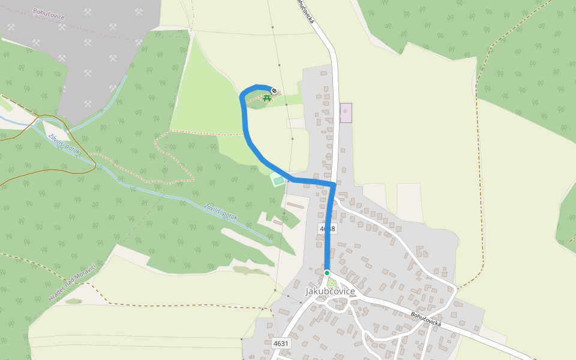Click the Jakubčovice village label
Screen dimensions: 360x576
(x=330, y=292)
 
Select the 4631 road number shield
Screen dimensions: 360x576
(x=280, y=344)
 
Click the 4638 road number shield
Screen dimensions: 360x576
(x=328, y=229)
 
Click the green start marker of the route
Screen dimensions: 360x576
(x=327, y=273)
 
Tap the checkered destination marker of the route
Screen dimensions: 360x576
(x=274, y=91)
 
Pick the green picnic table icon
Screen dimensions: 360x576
(x=266, y=97)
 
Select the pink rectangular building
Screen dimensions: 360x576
(x=346, y=113)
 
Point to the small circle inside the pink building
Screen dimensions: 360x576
(x=345, y=111)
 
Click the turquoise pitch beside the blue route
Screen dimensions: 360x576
(x=278, y=179)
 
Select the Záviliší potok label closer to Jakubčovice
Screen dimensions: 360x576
(x=221, y=212)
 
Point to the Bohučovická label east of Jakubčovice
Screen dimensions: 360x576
(x=426, y=319)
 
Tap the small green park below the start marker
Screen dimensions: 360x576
(x=332, y=282)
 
